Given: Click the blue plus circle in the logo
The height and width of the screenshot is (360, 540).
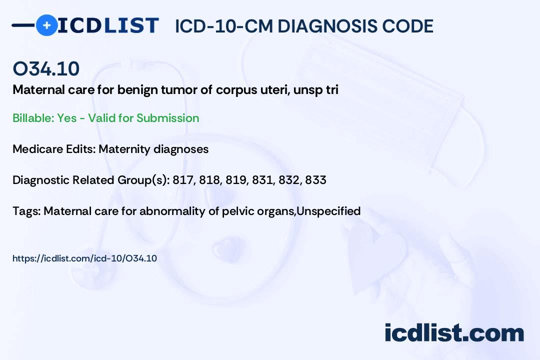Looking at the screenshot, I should [46, 25].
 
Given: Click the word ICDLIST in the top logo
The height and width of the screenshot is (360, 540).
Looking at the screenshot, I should [108, 25].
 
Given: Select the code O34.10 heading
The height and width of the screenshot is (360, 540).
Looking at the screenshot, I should [46, 68].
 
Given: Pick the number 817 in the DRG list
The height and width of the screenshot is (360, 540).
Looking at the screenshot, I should [183, 180].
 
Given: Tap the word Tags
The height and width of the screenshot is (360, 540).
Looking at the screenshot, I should [25, 211].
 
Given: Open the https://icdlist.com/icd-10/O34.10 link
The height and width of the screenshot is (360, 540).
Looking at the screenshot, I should [84, 258].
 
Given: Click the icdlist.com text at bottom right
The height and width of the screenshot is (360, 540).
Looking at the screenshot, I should [454, 332].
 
